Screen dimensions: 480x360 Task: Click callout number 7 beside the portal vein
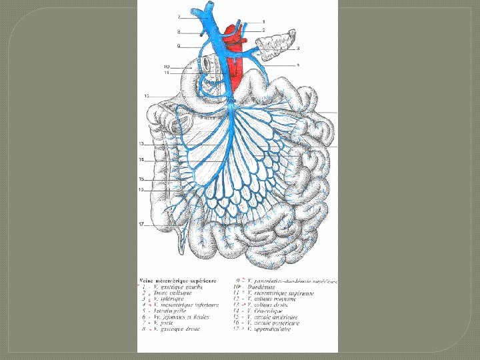(x=179, y=16)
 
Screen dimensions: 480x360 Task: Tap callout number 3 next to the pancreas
(x=297, y=48)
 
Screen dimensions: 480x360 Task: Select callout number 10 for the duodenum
(x=167, y=66)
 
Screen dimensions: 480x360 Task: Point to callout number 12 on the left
(x=145, y=97)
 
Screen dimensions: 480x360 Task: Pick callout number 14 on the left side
(x=141, y=160)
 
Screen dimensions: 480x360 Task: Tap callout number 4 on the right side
(x=297, y=65)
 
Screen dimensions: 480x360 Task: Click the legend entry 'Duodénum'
(x=263, y=287)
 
